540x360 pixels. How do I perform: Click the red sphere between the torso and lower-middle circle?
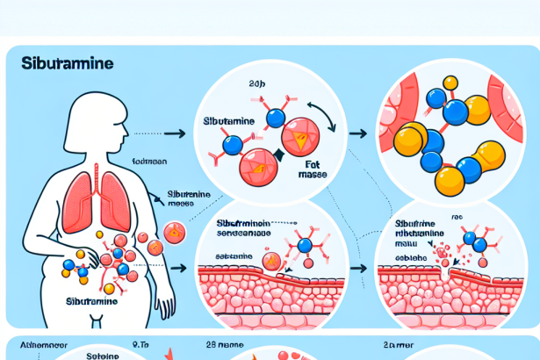tap(173, 232)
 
